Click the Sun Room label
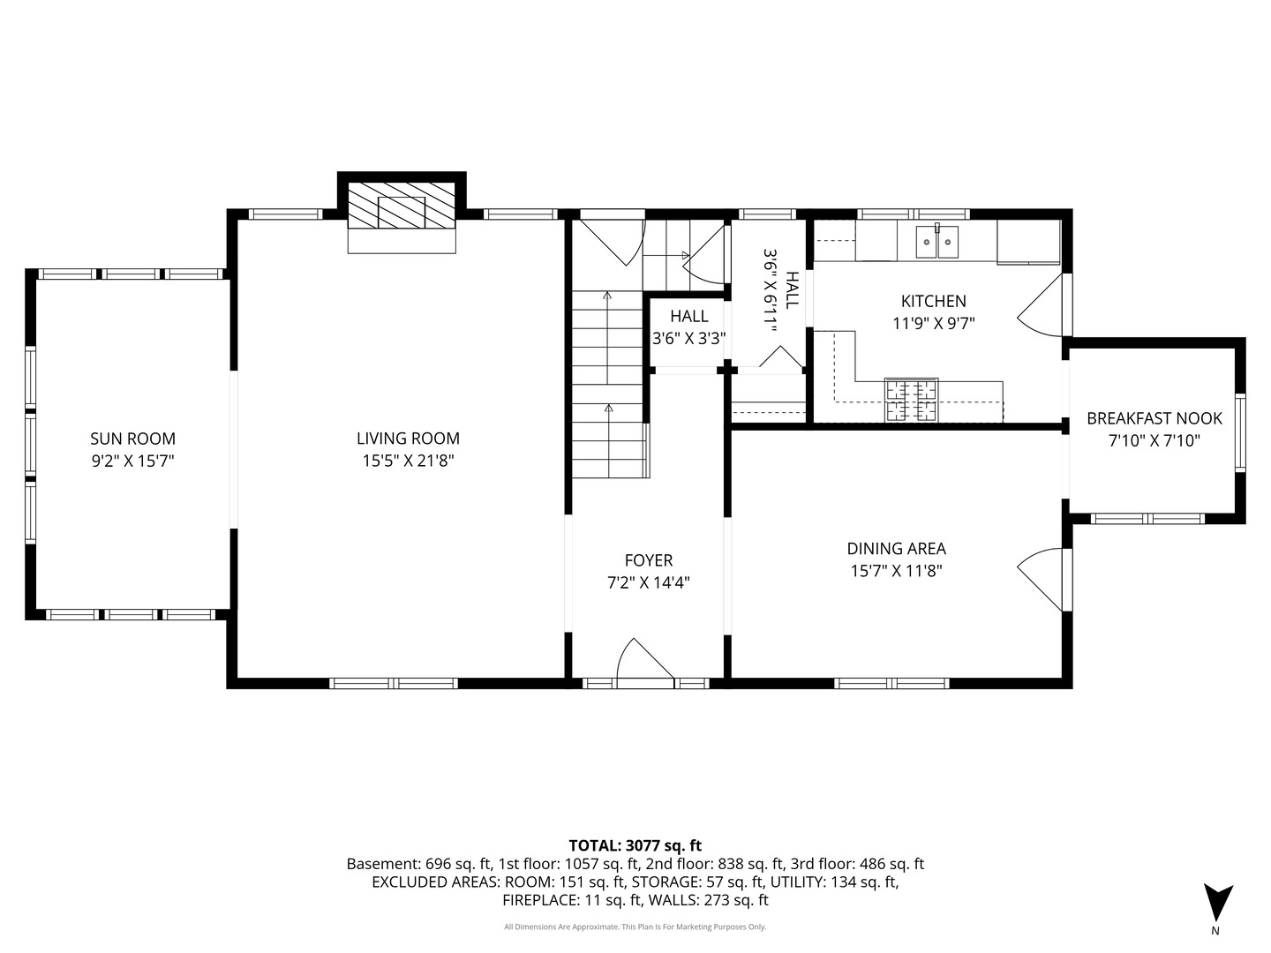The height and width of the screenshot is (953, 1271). tap(132, 439)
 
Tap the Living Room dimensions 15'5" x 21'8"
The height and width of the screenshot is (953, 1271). tap(409, 461)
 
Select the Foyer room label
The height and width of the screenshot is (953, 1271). tap(649, 560)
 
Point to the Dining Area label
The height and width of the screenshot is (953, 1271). tap(897, 549)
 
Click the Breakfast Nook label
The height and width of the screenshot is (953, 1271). tap(1154, 418)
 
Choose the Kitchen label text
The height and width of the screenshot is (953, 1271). tap(934, 301)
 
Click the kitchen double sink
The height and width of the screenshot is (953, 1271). tap(936, 241)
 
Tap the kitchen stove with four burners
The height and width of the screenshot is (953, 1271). tap(912, 401)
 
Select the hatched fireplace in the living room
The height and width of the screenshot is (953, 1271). tap(402, 206)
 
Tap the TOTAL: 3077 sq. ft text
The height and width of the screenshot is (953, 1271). tap(635, 845)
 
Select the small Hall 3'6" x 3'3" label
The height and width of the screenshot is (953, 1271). tap(689, 327)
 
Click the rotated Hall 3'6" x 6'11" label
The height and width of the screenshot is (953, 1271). tap(780, 290)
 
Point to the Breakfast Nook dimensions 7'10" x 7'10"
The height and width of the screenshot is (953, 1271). tap(1154, 441)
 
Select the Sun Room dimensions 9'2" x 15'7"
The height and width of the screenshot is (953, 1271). tap(132, 461)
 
